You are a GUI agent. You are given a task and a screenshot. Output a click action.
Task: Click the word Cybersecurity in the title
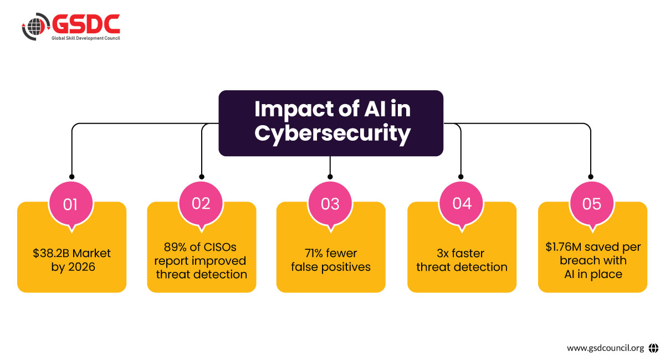click(330, 133)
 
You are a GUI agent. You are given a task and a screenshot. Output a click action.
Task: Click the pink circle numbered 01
click(70, 204)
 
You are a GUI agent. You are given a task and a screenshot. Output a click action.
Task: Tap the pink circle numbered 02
click(201, 203)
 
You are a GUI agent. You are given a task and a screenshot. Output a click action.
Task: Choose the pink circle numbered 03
click(330, 204)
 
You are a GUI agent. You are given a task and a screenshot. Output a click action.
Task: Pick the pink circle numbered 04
click(462, 203)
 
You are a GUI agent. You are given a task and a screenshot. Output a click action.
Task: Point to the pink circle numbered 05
click(592, 204)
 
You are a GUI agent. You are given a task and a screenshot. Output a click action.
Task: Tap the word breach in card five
click(571, 260)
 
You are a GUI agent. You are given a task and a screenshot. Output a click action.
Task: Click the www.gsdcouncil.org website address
click(605, 348)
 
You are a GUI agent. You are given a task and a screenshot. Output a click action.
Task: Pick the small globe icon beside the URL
click(653, 348)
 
